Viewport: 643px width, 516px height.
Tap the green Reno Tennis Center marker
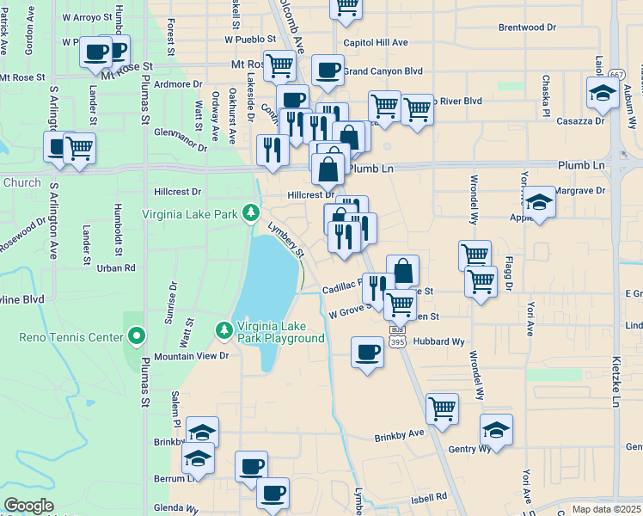(x=136, y=335)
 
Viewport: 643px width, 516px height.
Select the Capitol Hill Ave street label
(x=375, y=42)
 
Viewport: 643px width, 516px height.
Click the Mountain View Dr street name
(x=192, y=355)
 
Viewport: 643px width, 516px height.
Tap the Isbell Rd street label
(x=429, y=496)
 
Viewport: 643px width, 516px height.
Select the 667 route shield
(x=612, y=75)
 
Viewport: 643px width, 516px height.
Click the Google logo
(x=29, y=506)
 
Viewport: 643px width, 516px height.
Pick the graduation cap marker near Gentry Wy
(x=496, y=429)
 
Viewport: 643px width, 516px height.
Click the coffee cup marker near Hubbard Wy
(x=368, y=352)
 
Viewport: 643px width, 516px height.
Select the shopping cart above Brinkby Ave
(x=442, y=408)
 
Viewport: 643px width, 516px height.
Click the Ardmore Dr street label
(x=178, y=84)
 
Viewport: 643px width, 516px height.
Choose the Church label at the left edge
(x=21, y=182)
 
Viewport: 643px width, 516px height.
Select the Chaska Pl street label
(x=545, y=95)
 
